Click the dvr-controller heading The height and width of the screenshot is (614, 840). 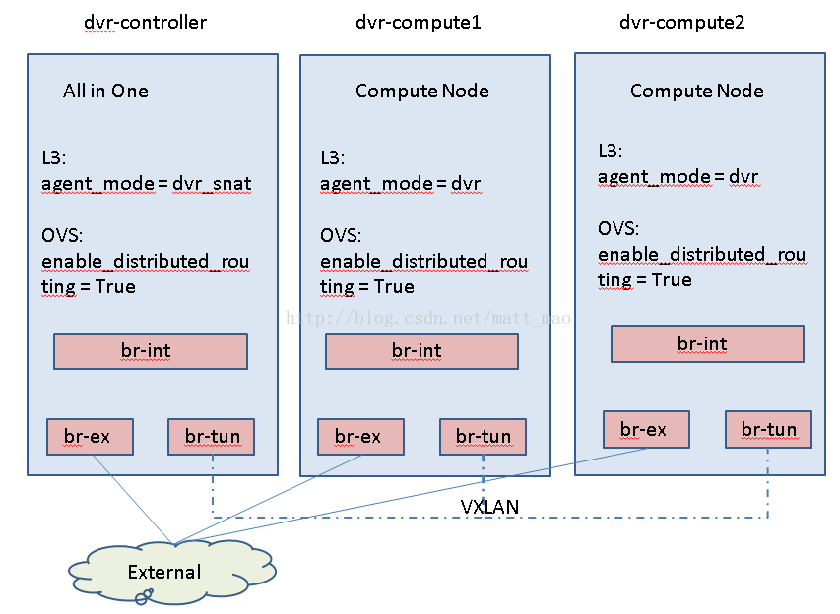pos(145,23)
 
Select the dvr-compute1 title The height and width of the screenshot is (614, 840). pos(419,23)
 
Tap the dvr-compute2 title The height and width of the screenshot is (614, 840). pos(682,23)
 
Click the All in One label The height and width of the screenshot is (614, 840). pos(105,91)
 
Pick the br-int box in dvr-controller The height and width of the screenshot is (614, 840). pos(151,351)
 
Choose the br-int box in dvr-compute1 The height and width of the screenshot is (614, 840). pos(422,351)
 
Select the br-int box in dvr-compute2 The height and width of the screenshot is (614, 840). pos(707,343)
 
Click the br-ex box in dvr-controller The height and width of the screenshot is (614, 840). pos(90,437)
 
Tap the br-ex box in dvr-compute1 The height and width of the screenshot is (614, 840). pos(360,437)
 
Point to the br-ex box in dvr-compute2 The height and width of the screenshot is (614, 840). pos(646,429)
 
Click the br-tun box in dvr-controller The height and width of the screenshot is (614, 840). pos(211,437)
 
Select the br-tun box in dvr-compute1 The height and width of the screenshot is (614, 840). pos(483,437)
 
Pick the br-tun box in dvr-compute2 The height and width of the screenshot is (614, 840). pos(768,429)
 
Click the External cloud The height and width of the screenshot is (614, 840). pos(171,573)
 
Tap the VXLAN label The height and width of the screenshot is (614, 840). pos(489,507)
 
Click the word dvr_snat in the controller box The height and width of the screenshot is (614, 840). pos(212,184)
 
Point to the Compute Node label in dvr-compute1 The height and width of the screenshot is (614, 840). pos(422,91)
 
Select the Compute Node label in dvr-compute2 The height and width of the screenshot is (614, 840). pos(697,91)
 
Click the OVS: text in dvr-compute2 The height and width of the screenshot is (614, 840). pos(618,229)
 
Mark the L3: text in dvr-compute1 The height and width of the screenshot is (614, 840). pos(333,157)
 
